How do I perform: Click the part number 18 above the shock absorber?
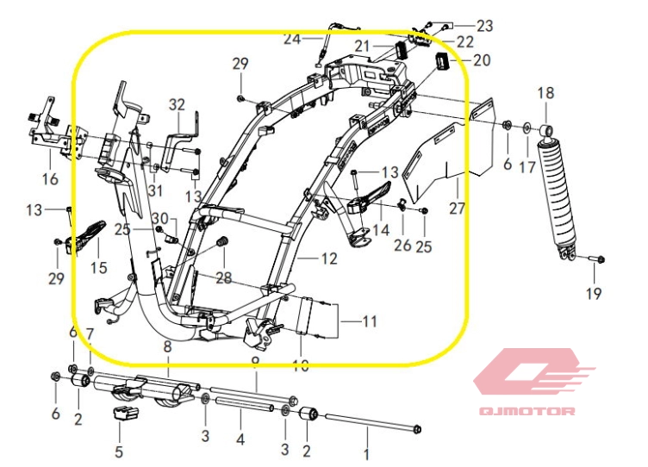pyautogui.click(x=545, y=93)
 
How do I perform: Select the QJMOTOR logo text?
pyautogui.click(x=526, y=411)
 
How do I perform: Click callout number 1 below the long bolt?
pyautogui.click(x=367, y=452)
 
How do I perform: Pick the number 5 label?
pyautogui.click(x=119, y=451)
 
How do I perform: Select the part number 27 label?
pyautogui.click(x=457, y=209)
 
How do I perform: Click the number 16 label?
pyautogui.click(x=50, y=179)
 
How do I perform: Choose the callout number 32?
pyautogui.click(x=177, y=105)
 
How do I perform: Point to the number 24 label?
pyautogui.click(x=291, y=39)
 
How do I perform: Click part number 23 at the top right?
pyautogui.click(x=484, y=26)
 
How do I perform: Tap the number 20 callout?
pyautogui.click(x=481, y=60)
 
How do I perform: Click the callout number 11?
pyautogui.click(x=369, y=322)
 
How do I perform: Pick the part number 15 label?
pyautogui.click(x=98, y=268)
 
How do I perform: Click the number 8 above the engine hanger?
pyautogui.click(x=167, y=346)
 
